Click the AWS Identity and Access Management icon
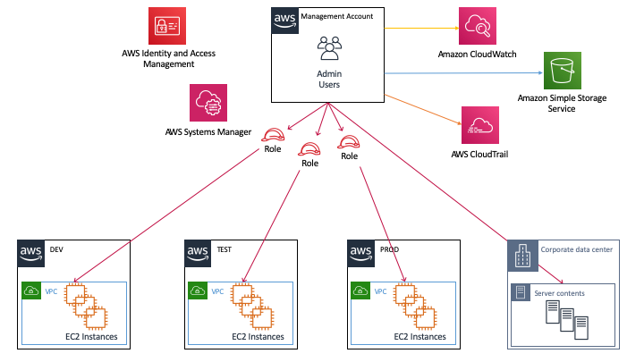pyautogui.click(x=169, y=27)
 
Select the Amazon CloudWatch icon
pyautogui.click(x=477, y=27)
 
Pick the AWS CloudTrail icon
pyautogui.click(x=479, y=124)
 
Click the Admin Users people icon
pyautogui.click(x=329, y=47)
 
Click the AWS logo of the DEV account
pyautogui.click(x=31, y=254)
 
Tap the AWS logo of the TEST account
pyautogui.click(x=198, y=254)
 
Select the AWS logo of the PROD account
pyautogui.click(x=361, y=254)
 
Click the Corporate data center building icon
pyautogui.click(x=521, y=256)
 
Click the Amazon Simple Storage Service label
pyautogui.click(x=558, y=103)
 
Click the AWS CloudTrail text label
pyautogui.click(x=479, y=154)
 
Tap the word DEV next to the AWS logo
pyautogui.click(x=57, y=249)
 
